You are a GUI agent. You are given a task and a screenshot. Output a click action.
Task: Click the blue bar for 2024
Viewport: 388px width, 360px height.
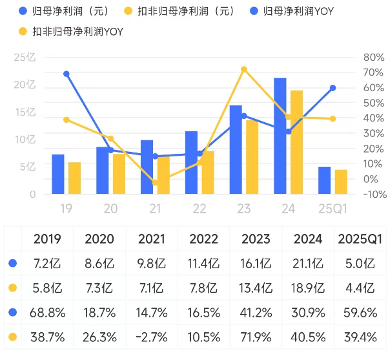click(280, 136)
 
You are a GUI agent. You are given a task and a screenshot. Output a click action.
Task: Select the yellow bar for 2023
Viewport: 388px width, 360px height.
click(251, 157)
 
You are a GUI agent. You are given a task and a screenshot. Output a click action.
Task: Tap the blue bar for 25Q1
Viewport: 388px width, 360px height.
click(324, 180)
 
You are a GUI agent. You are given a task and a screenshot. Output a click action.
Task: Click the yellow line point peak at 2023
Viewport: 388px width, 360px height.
click(243, 69)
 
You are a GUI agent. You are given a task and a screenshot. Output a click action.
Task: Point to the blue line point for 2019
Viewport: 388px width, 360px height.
click(66, 74)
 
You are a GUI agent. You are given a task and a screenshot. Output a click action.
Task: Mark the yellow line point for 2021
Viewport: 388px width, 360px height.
click(155, 183)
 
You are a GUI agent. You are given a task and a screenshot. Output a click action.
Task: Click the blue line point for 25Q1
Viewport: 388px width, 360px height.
click(332, 88)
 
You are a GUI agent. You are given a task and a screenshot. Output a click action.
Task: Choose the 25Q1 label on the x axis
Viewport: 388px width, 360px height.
click(332, 209)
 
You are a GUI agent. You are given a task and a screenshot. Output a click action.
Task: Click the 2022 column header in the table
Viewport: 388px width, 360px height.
click(204, 238)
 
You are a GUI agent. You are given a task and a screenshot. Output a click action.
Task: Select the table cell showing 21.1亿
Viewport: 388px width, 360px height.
click(308, 263)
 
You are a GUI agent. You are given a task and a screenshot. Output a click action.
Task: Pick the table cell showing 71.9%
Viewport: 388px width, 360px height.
click(256, 337)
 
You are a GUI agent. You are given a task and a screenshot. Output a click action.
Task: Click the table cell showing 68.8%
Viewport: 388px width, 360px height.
click(47, 312)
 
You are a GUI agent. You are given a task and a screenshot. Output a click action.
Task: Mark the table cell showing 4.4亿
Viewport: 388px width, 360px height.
click(360, 288)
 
